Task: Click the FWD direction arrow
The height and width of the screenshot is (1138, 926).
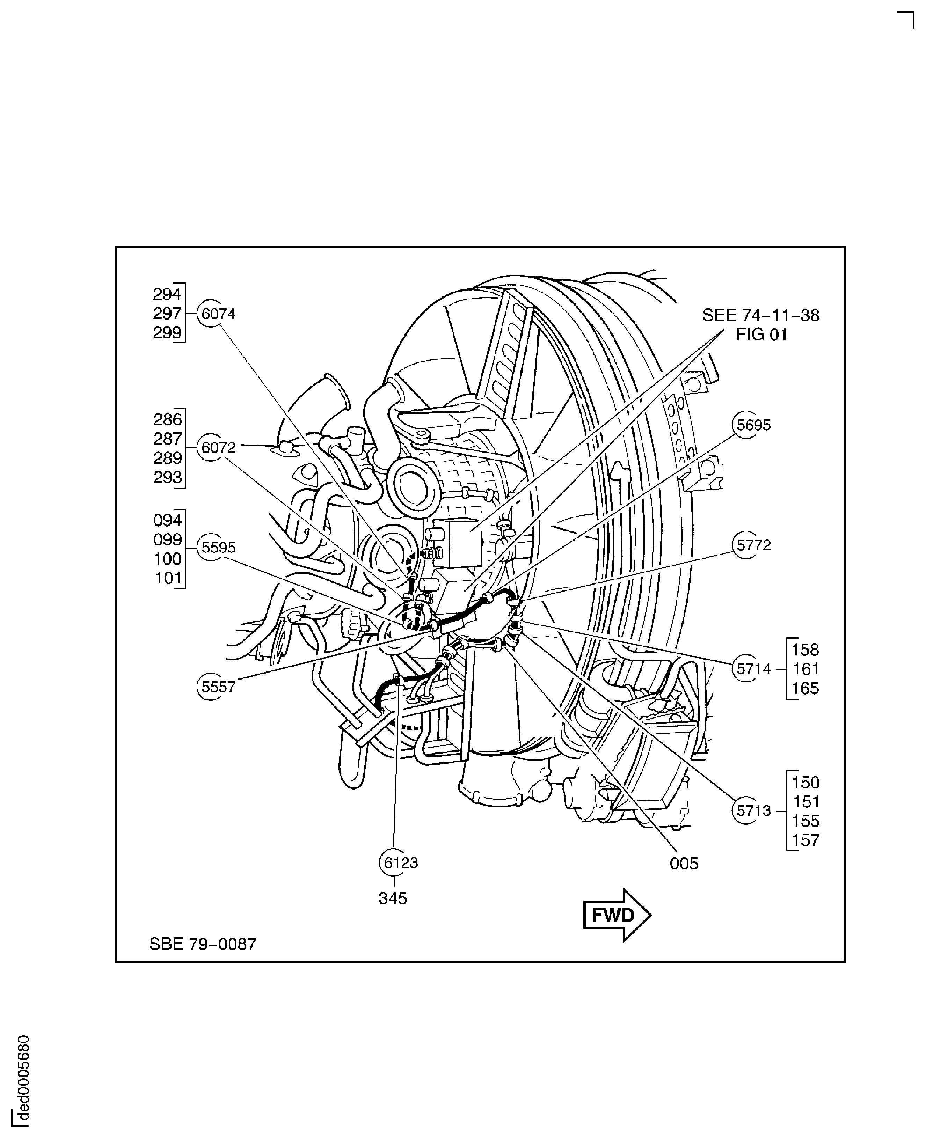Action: pyautogui.click(x=617, y=915)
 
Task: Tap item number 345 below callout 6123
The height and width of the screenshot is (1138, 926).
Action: pyautogui.click(x=393, y=898)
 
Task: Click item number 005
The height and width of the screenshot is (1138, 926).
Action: pyautogui.click(x=684, y=864)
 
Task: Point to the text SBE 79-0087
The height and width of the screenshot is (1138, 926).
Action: pyautogui.click(x=203, y=944)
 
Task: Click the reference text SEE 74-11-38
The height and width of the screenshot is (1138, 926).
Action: pyautogui.click(x=761, y=315)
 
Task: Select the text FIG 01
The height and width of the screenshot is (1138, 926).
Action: pyautogui.click(x=761, y=335)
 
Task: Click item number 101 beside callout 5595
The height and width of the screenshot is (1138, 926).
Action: pyautogui.click(x=168, y=578)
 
